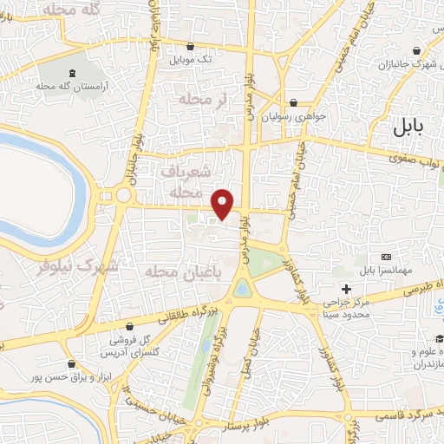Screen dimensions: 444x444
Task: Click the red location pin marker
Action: [x=224, y=204]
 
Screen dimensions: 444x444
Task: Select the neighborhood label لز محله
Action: [x=201, y=101]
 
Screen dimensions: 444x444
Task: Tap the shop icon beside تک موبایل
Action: [x=190, y=47]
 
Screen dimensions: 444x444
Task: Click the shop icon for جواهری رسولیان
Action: [x=293, y=101]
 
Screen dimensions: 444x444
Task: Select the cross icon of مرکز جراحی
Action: [x=347, y=289]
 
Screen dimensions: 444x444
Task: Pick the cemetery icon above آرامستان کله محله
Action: [x=71, y=72]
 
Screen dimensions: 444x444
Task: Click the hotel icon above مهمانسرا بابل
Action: [x=387, y=257]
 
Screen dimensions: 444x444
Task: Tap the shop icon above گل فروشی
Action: [x=130, y=326]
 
